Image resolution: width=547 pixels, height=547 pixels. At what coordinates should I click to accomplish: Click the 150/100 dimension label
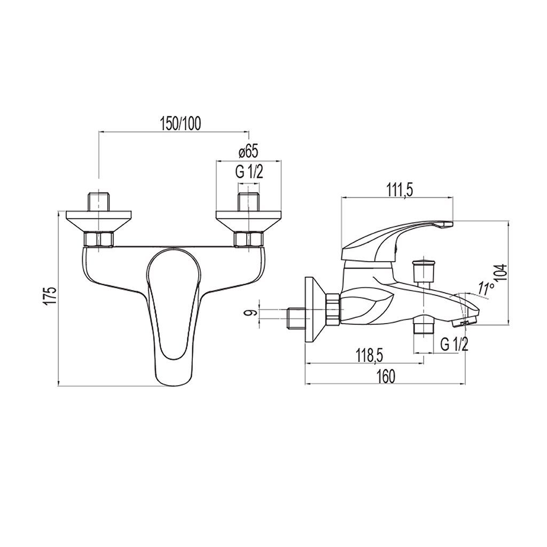coord(179,123)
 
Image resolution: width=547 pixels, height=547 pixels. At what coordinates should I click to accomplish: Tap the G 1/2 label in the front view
coord(248,172)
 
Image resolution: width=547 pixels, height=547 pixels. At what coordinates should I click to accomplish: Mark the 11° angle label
coord(486,289)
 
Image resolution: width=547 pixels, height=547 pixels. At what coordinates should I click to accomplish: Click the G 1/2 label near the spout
coord(454,345)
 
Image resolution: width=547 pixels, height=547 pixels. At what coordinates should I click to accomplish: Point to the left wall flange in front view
coord(99,221)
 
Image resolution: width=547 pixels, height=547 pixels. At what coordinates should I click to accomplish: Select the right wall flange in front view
coord(248,221)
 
